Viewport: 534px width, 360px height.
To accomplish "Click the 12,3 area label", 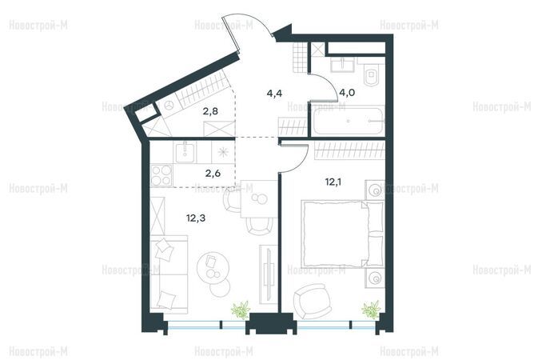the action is [196, 218].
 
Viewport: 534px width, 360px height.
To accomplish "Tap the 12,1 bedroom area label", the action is [333, 182].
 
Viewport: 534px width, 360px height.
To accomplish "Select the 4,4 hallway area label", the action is [274, 94].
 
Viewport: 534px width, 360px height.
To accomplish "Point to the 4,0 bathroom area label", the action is [347, 93].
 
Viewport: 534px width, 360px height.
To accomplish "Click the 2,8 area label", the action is [210, 111].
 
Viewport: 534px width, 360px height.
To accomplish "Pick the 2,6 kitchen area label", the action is [213, 173].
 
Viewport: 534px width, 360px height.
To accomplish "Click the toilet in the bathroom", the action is [371, 75].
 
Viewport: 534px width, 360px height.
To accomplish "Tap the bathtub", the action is [349, 121].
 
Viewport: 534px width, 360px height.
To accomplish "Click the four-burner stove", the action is [161, 175].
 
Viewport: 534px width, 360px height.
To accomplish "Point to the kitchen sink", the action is [185, 152].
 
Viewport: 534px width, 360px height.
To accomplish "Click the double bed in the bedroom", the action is [342, 234].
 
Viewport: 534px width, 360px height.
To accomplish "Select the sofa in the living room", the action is [169, 274].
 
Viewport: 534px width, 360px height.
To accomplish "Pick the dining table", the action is [259, 198].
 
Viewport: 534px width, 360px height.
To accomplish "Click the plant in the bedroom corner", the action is [371, 310].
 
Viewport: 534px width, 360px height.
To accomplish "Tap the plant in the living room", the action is [241, 310].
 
